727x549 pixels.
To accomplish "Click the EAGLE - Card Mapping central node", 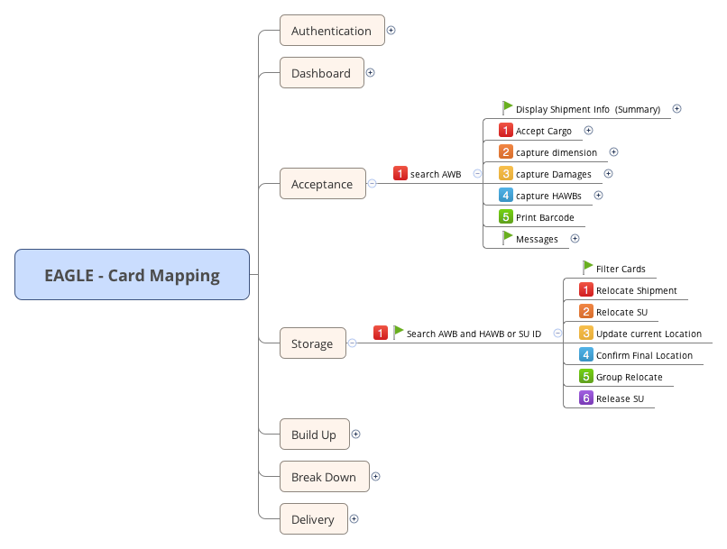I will pos(132,275).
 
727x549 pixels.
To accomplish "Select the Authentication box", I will pos(331,31).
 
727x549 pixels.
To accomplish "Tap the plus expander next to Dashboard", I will pos(370,73).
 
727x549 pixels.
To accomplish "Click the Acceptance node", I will pos(321,184).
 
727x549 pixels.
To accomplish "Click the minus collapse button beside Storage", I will pos(352,343).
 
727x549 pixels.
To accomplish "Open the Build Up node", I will pos(313,435).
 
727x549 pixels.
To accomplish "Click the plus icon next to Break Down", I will pos(375,477).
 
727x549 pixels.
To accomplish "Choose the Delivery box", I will pos(312,519).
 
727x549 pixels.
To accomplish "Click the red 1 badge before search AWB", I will pos(400,173).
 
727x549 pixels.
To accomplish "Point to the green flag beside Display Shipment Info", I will pos(507,108).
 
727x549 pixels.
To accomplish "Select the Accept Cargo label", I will pos(543,131).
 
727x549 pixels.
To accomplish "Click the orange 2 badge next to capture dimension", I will pos(506,152).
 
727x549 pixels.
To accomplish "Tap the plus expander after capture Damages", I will pos(608,174).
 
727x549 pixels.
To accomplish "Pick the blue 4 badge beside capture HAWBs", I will pos(506,195).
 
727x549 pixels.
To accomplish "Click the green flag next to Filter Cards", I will pos(587,268).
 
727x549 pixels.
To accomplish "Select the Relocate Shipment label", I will pos(636,290).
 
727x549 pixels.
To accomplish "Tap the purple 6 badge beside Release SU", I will pos(586,398).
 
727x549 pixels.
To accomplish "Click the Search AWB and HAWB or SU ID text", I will pos(474,334).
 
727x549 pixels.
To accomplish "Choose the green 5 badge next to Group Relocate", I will pos(586,377).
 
